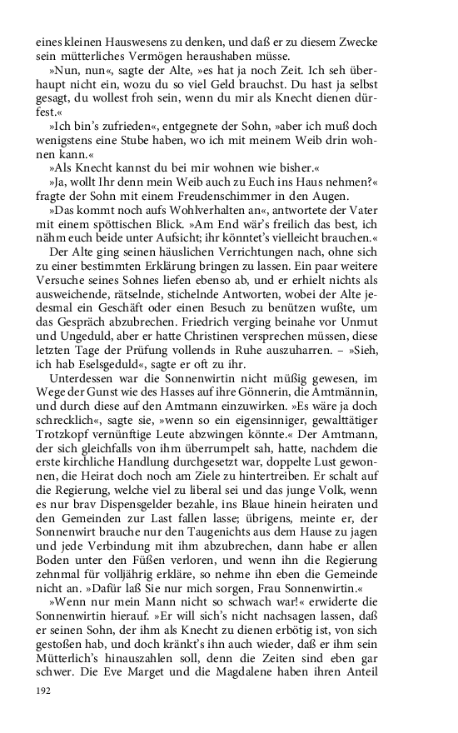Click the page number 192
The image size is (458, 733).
(x=44, y=691)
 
